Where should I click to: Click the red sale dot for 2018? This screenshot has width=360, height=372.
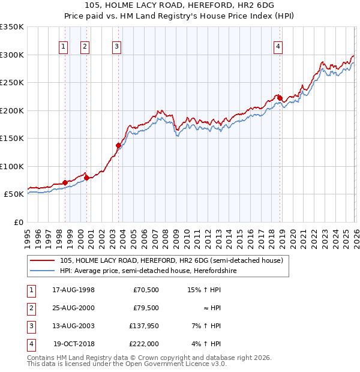point(280,98)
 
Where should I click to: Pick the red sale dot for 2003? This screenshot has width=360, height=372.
point(118,145)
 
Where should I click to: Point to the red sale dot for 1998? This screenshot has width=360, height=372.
point(65,182)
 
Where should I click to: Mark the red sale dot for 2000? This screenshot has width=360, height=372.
point(87,178)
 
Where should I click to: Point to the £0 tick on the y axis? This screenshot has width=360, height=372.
point(19,222)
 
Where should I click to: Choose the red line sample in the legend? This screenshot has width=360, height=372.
point(43,260)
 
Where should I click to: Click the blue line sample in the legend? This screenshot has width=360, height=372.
point(43,270)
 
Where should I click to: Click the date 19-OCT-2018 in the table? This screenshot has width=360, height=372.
point(74,344)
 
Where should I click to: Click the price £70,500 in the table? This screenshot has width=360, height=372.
point(146,290)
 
